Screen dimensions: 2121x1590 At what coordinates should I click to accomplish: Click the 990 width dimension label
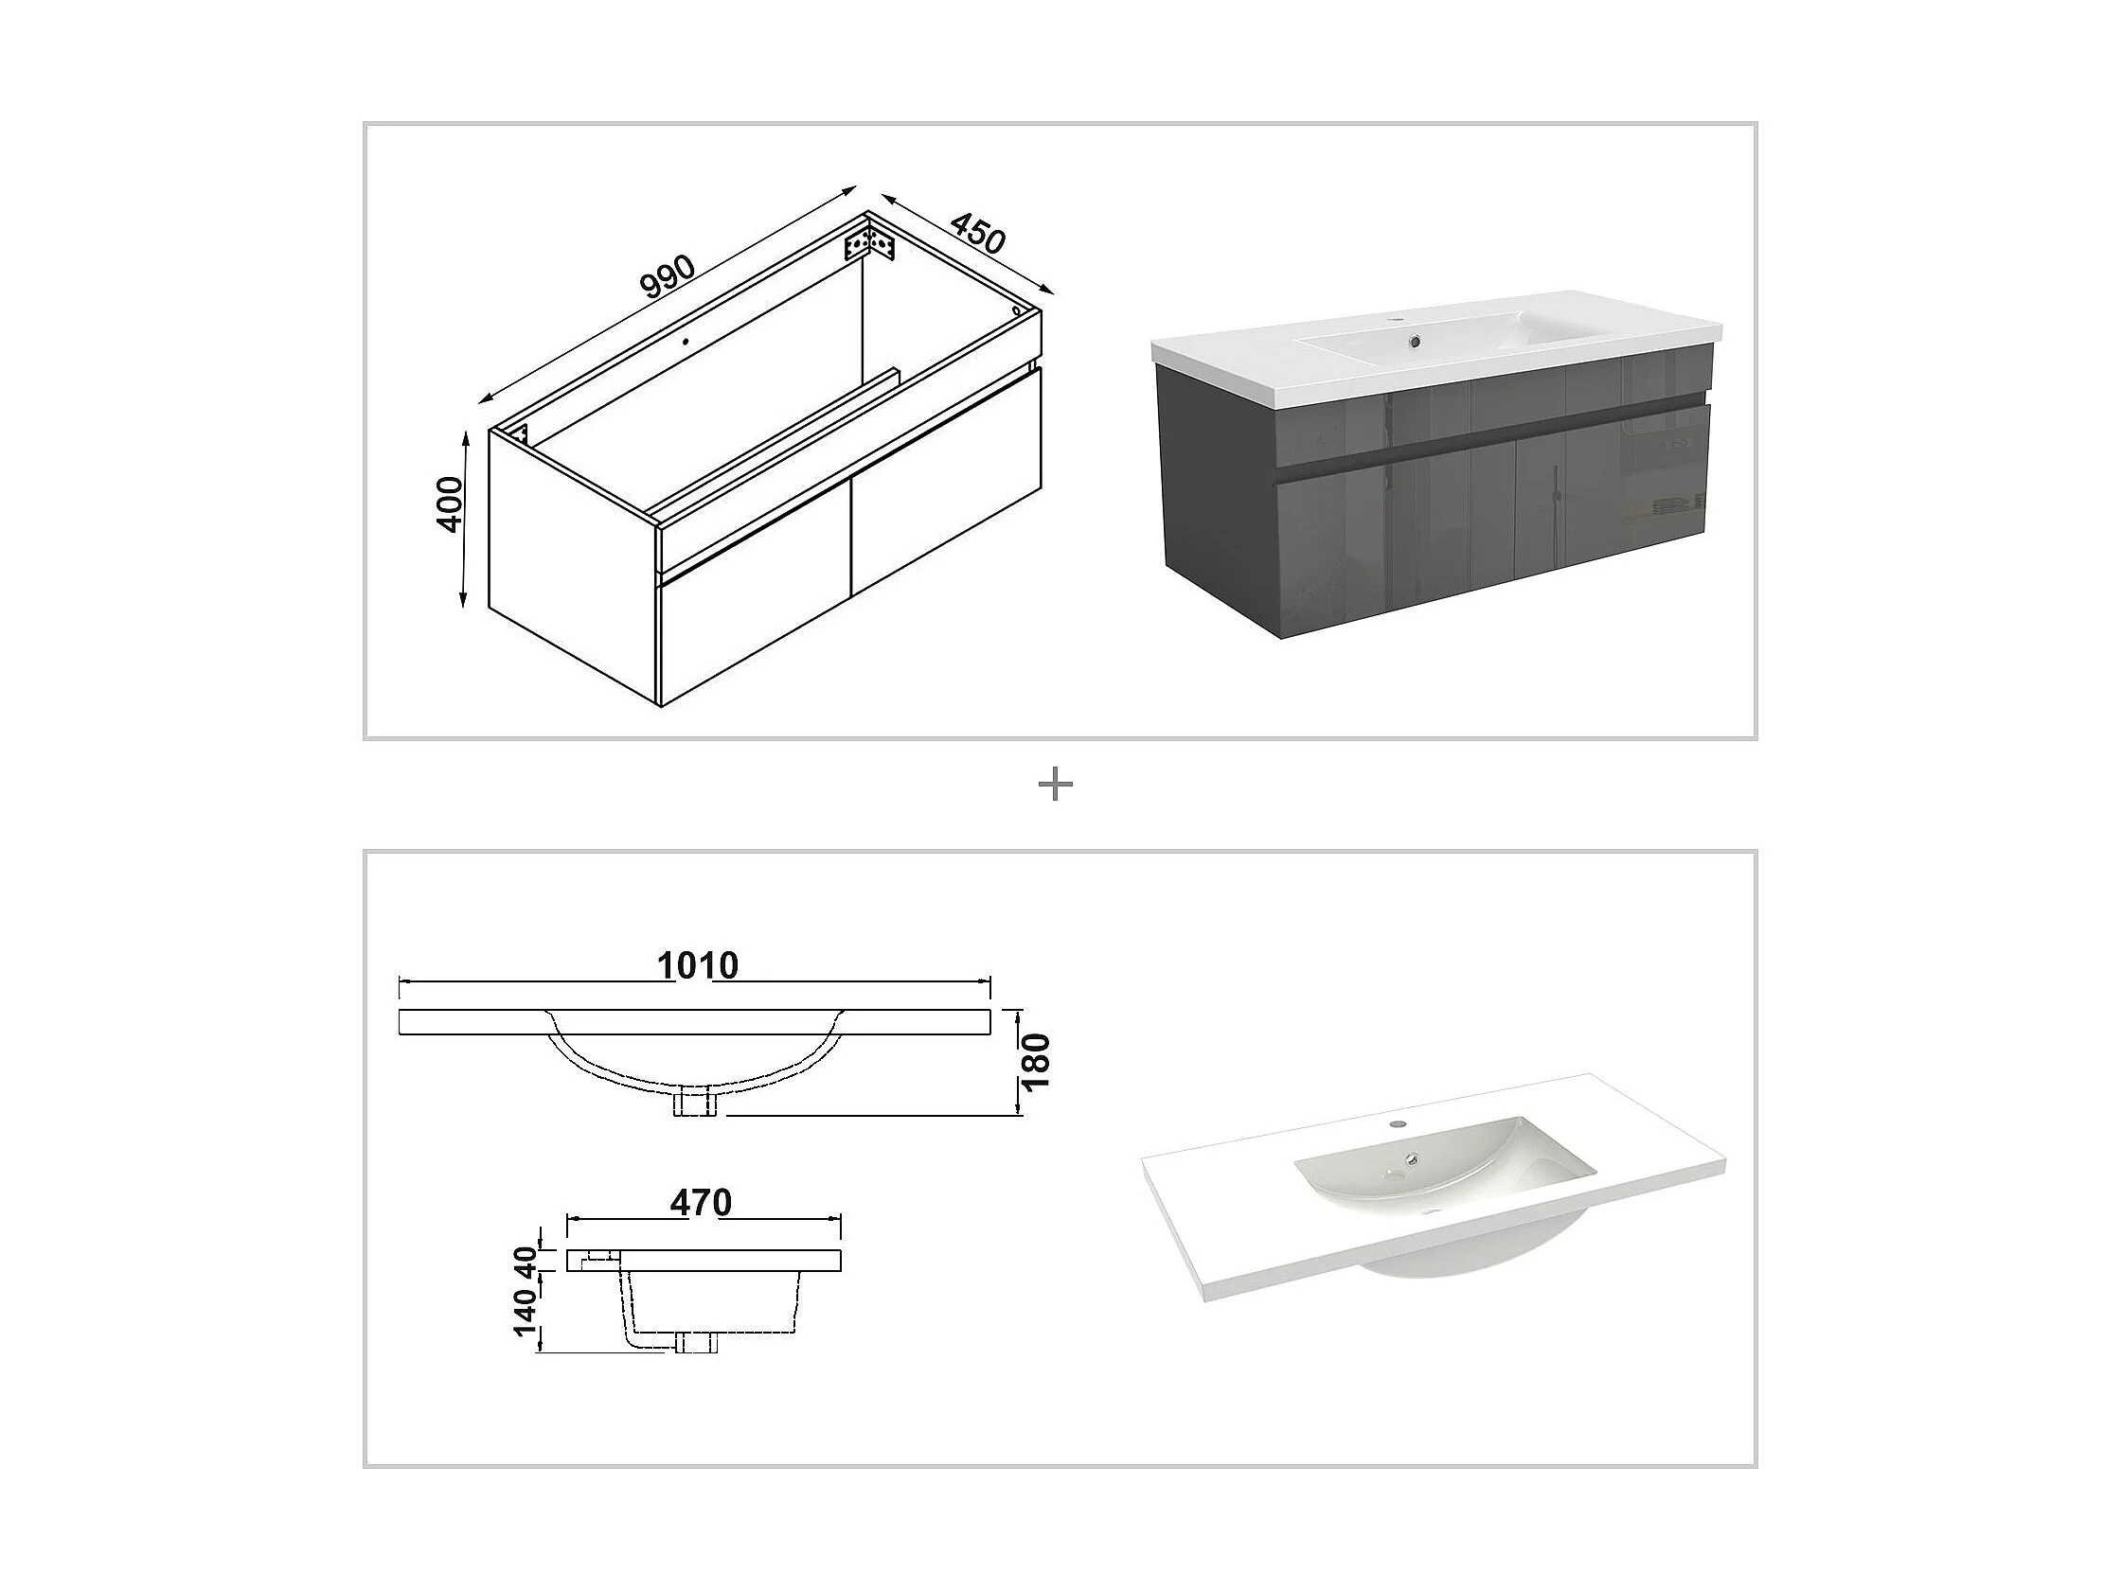(x=668, y=277)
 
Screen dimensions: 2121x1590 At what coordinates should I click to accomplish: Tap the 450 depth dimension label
(x=978, y=234)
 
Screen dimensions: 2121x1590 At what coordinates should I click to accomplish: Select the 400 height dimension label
(x=449, y=504)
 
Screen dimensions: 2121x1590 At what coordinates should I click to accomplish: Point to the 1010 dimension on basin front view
(x=698, y=965)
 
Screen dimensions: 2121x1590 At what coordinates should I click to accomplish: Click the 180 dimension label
(x=1037, y=1060)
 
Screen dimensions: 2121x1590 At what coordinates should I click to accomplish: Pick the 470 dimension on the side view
(x=701, y=1202)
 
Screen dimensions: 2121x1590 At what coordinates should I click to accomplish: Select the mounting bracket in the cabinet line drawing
(x=869, y=244)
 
